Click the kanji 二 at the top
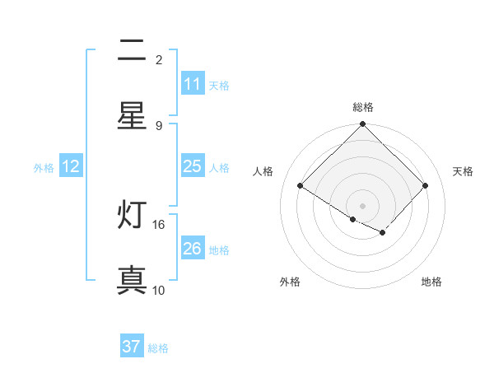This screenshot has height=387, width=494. click(132, 51)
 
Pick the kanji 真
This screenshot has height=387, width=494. click(132, 280)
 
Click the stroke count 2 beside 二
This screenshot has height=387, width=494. click(159, 60)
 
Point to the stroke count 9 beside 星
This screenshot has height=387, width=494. click(159, 125)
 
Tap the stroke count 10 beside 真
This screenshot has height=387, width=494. click(159, 290)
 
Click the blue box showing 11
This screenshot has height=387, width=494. click(192, 84)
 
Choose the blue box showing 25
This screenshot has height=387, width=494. click(192, 166)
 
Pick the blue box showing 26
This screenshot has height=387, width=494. click(192, 249)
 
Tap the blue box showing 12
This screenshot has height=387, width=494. click(71, 166)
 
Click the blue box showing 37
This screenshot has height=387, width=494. click(132, 347)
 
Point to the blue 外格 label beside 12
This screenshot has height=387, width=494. click(44, 167)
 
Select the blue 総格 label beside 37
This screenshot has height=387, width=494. click(158, 348)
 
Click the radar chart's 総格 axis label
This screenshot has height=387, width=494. click(363, 108)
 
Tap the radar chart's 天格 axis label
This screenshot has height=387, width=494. click(463, 171)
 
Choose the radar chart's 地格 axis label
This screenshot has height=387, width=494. click(431, 282)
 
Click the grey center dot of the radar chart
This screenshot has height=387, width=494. click(363, 206)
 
